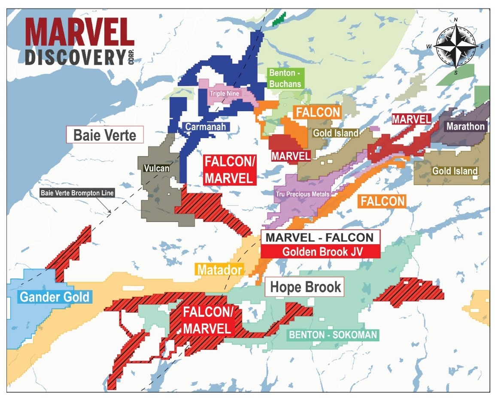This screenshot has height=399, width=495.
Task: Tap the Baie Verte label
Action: pyautogui.click(x=104, y=135)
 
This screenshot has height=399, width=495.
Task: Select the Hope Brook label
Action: pyautogui.click(x=305, y=287)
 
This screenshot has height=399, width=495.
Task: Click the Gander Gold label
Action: pyautogui.click(x=55, y=296)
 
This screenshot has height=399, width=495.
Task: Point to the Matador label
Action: pyautogui.click(x=219, y=270)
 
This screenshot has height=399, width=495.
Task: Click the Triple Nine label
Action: pyautogui.click(x=225, y=93)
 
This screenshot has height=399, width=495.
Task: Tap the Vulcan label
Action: pyautogui.click(x=156, y=169)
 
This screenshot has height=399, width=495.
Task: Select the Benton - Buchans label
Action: pyautogui.click(x=285, y=79)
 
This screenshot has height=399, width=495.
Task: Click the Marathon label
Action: pyautogui.click(x=465, y=127)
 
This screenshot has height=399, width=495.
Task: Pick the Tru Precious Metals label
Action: pyautogui.click(x=303, y=194)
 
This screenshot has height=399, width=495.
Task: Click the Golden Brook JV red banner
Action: pyautogui.click(x=320, y=252)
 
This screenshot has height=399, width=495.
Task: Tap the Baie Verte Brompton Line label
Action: pyautogui.click(x=77, y=193)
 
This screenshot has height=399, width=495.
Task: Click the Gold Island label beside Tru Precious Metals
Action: pyautogui.click(x=335, y=133)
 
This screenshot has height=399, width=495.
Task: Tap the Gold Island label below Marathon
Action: pyautogui.click(x=455, y=171)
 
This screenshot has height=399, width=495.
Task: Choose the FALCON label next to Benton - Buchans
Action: pyautogui.click(x=317, y=112)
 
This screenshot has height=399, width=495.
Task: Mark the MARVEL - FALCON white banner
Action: pyautogui.click(x=320, y=237)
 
